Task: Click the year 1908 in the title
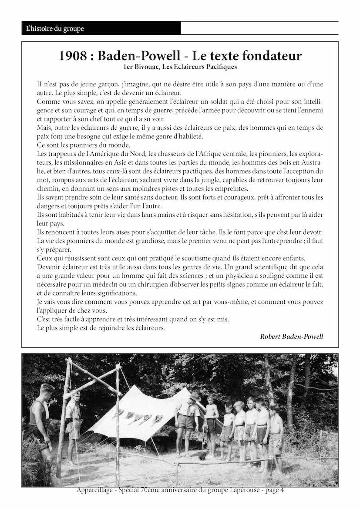pyautogui.click(x=72, y=56)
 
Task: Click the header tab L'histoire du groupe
pyautogui.click(x=55, y=29)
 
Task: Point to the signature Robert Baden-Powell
pyautogui.click(x=292, y=336)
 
